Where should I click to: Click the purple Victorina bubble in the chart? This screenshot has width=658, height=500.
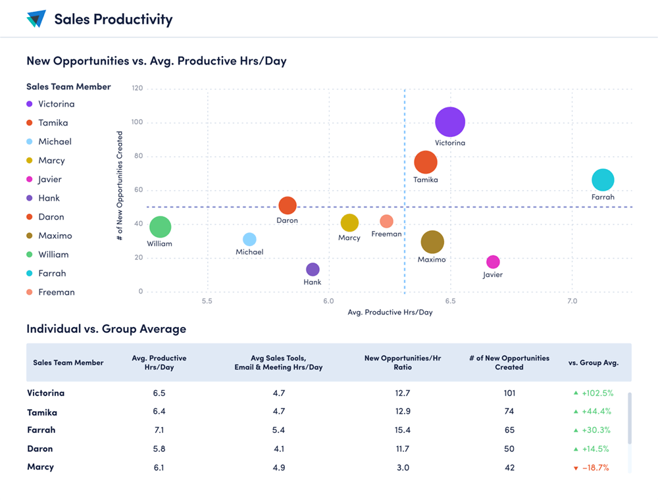click(x=450, y=122)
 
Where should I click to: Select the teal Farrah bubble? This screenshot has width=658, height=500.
click(x=603, y=180)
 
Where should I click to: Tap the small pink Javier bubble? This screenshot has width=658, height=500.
click(x=493, y=262)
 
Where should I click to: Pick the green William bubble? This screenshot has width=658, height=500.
click(x=160, y=227)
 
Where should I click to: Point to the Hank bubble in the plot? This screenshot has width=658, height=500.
click(x=313, y=269)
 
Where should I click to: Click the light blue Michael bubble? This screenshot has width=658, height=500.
click(x=249, y=239)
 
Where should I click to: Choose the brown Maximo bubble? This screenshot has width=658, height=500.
click(x=432, y=242)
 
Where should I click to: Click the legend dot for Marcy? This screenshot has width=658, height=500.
click(x=30, y=161)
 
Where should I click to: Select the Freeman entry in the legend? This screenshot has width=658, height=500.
click(x=56, y=292)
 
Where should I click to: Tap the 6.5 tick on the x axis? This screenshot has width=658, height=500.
click(x=450, y=301)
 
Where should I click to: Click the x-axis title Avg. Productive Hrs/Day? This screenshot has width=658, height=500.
click(x=390, y=312)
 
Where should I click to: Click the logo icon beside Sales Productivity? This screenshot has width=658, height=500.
click(x=36, y=19)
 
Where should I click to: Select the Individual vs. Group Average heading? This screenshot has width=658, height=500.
click(x=106, y=329)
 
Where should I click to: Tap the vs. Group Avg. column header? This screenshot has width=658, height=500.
click(x=593, y=362)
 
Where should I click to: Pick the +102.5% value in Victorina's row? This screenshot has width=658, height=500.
click(x=597, y=393)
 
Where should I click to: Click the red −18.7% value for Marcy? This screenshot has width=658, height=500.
click(x=595, y=468)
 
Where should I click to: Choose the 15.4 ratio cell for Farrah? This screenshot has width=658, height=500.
click(x=403, y=430)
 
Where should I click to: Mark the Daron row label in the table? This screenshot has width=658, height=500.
click(x=40, y=449)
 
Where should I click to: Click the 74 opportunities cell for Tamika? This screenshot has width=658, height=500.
click(x=509, y=412)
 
